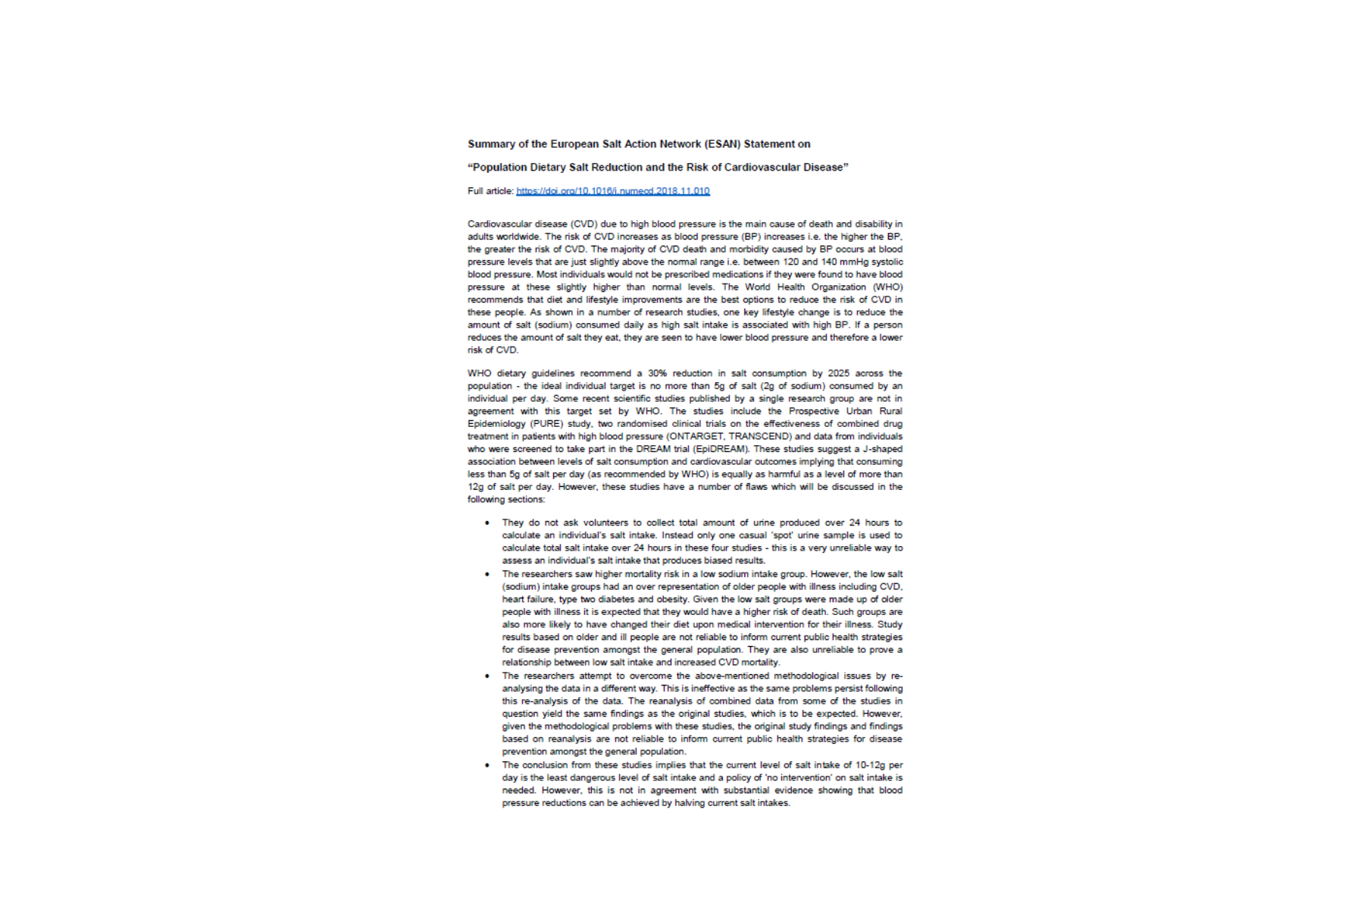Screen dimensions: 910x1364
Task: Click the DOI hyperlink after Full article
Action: pos(613,191)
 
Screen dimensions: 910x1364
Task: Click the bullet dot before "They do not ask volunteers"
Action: pos(487,523)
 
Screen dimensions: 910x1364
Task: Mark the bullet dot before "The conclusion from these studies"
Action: pos(487,765)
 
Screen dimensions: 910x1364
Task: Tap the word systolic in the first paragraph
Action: pos(887,262)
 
